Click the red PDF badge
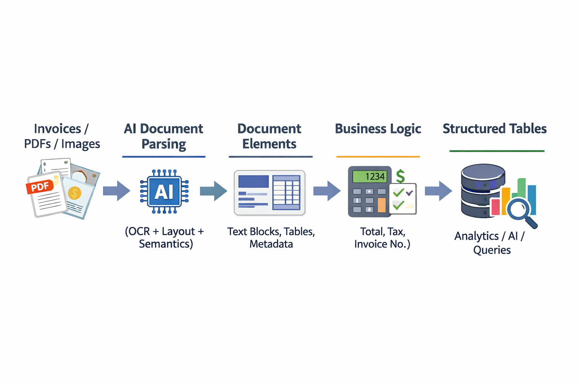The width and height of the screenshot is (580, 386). (40, 187)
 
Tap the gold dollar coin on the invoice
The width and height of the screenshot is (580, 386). (74, 193)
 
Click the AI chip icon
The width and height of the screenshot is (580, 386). (164, 192)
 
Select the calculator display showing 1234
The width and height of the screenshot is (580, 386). (369, 176)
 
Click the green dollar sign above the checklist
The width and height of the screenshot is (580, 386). (400, 176)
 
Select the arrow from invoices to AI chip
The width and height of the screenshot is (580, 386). (116, 191)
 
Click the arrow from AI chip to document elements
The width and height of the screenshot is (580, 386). (213, 191)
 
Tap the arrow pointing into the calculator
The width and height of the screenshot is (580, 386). (327, 191)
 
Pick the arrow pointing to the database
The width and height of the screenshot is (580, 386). (438, 191)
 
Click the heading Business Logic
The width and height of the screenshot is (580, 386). (378, 129)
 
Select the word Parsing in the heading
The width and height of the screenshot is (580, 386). (164, 144)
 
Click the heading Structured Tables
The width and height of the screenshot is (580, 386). (494, 129)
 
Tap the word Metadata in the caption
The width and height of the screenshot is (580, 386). (271, 244)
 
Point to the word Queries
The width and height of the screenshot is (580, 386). (492, 250)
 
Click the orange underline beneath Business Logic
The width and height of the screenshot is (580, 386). (378, 156)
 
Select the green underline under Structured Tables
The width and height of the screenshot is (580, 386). (497, 151)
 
